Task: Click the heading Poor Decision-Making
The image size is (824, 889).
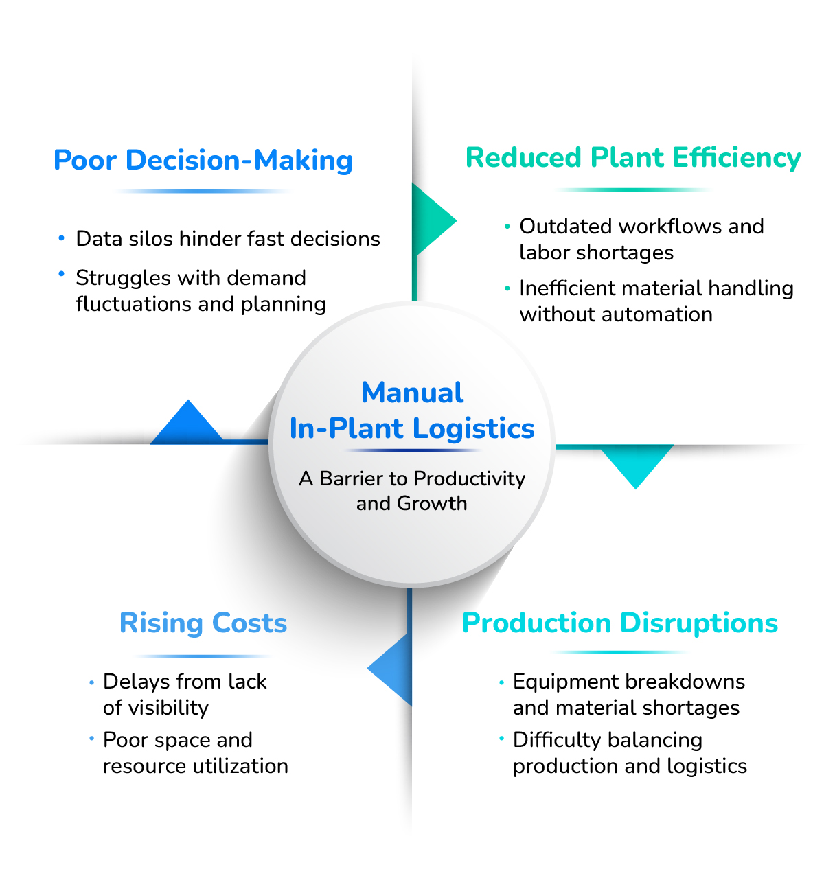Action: click(x=203, y=161)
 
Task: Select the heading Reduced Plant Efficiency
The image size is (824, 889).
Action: click(x=633, y=158)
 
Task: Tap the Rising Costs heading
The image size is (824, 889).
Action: click(x=203, y=623)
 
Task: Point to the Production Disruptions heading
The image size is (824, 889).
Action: click(x=620, y=623)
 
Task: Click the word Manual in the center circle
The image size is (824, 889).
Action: click(x=412, y=393)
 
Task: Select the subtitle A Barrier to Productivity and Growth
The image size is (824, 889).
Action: click(x=412, y=490)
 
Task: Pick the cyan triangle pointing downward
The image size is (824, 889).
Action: click(x=636, y=463)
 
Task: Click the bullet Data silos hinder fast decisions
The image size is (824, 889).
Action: click(x=227, y=239)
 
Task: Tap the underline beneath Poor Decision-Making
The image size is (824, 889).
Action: click(x=203, y=191)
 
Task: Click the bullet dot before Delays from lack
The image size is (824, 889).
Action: click(x=91, y=682)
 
